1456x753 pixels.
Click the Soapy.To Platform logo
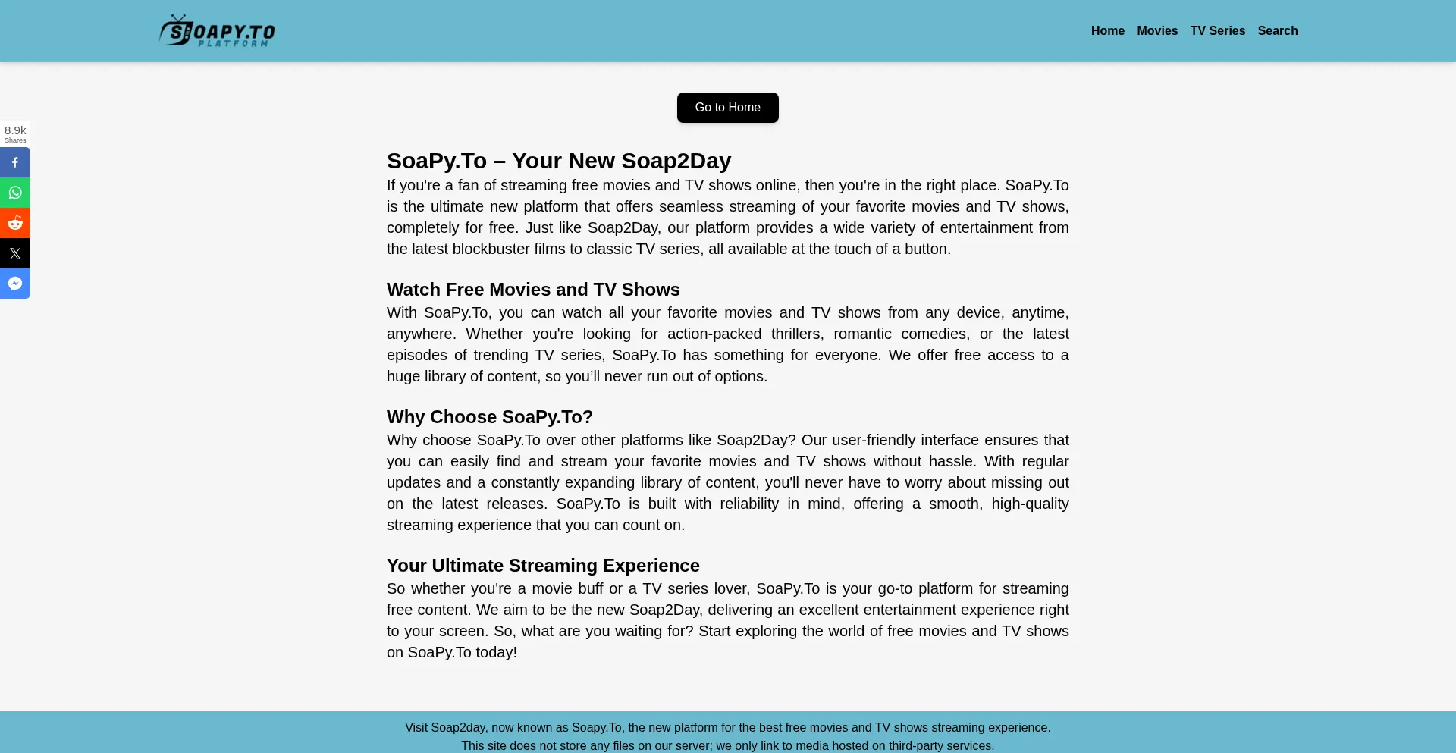pyautogui.click(x=217, y=31)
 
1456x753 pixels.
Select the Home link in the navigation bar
pyautogui.click(x=1107, y=31)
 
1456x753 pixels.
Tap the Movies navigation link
pyautogui.click(x=1156, y=31)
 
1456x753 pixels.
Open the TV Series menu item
pyautogui.click(x=1217, y=31)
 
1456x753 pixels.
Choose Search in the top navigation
pyautogui.click(x=1277, y=31)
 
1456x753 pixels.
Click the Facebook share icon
pyautogui.click(x=15, y=162)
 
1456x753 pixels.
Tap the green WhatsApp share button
pyautogui.click(x=15, y=193)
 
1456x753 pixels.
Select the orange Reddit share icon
pyautogui.click(x=15, y=223)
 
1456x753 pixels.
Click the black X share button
pyautogui.click(x=15, y=253)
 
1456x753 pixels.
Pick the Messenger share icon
pyautogui.click(x=15, y=284)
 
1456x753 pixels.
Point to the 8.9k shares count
pyautogui.click(x=15, y=133)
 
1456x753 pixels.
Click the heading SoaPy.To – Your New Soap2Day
pyautogui.click(x=558, y=161)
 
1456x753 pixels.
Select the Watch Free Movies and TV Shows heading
pyautogui.click(x=532, y=290)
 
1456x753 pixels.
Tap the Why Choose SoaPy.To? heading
pyautogui.click(x=489, y=417)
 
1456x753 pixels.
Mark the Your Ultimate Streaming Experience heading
pyautogui.click(x=542, y=566)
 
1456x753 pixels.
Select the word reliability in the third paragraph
pyautogui.click(x=749, y=504)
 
